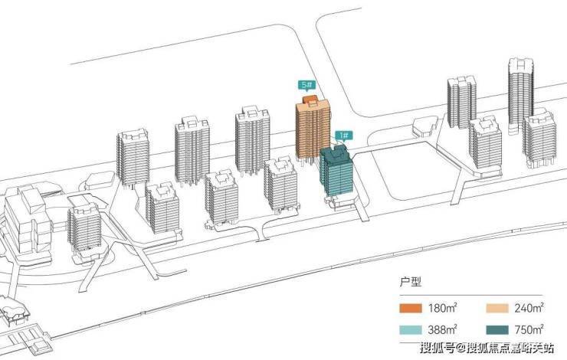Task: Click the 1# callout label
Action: (342, 136)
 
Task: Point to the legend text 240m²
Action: (529, 309)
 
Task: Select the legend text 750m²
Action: (529, 330)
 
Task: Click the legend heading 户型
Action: (411, 283)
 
